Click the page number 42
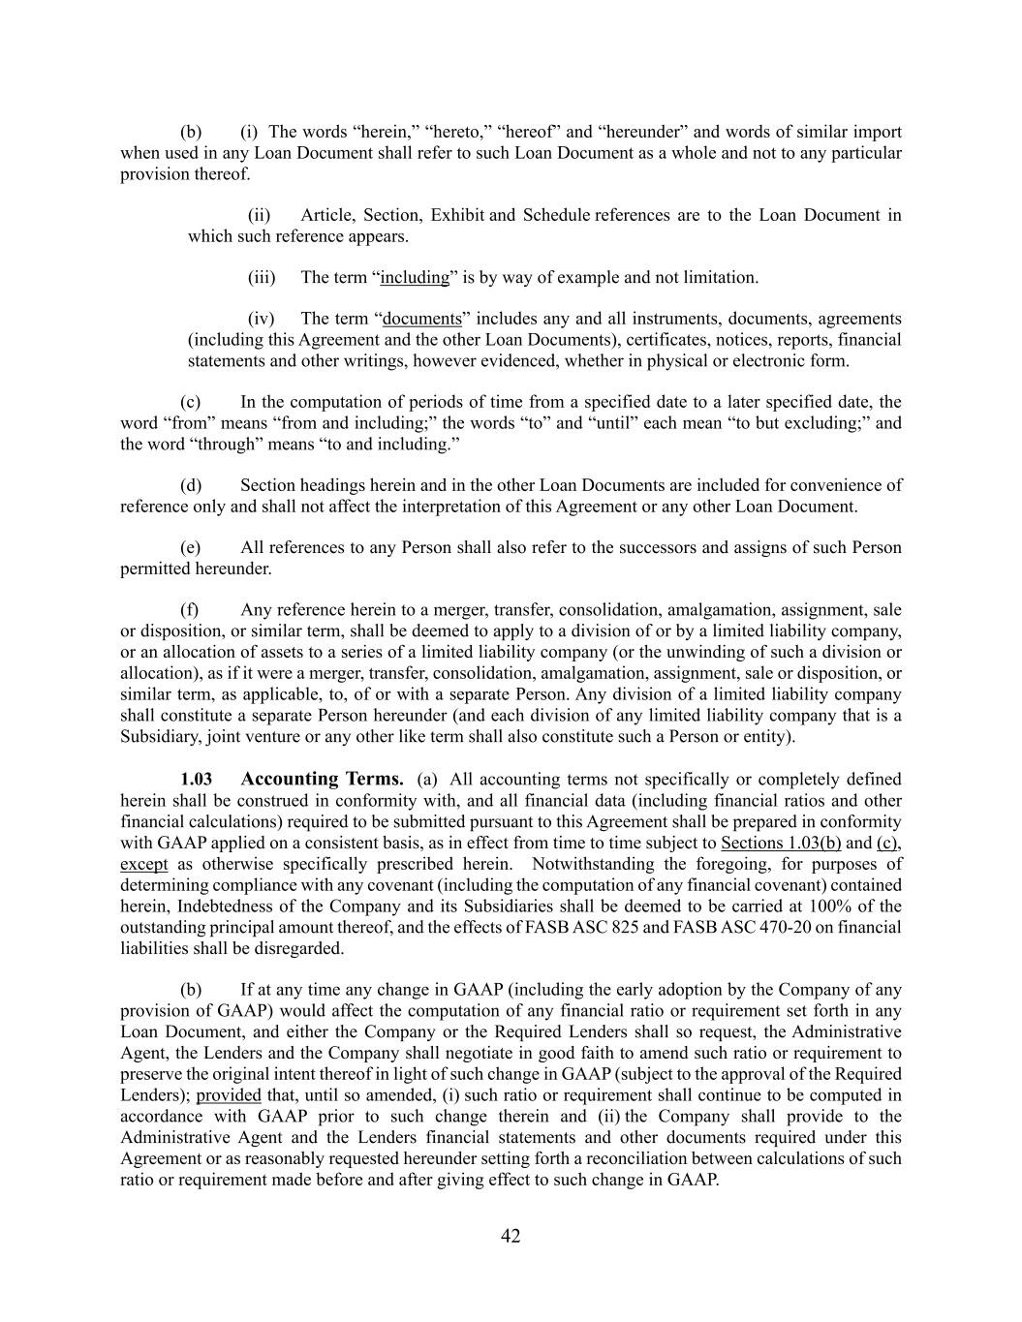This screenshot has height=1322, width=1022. (x=511, y=1236)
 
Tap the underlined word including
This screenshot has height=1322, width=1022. (x=415, y=278)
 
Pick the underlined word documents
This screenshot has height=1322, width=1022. (x=422, y=319)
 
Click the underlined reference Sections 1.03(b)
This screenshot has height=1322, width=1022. (x=781, y=843)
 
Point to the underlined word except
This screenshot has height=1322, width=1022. (x=143, y=864)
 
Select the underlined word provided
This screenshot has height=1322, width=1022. (x=229, y=1095)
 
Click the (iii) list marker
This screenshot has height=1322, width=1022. (x=262, y=278)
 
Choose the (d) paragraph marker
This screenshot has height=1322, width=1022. (x=191, y=485)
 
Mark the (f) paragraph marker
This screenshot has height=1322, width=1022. (x=190, y=610)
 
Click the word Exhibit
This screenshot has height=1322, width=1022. (x=457, y=215)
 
